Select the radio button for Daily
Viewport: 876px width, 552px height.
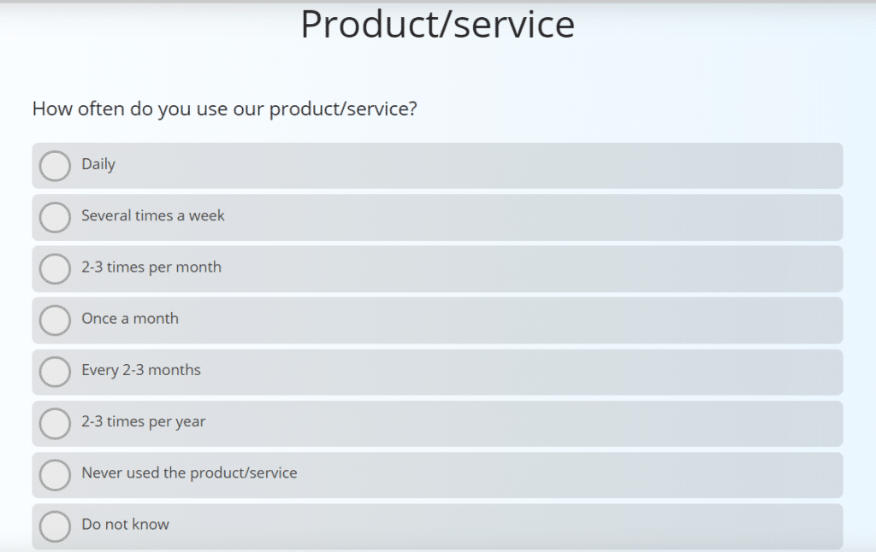pos(55,166)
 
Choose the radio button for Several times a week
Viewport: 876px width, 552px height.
pos(55,217)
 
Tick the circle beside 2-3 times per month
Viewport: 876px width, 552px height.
pos(55,268)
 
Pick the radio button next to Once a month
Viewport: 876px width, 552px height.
pos(55,320)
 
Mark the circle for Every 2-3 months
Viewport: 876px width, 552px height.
pos(55,372)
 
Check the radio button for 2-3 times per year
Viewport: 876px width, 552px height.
pos(55,423)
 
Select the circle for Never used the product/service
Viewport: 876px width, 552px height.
pos(55,474)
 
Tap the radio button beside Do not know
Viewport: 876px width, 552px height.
pos(55,526)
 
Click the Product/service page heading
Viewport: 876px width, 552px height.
pos(437,25)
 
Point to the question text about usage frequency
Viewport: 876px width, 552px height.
pos(224,109)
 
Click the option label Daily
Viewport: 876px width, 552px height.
pos(98,164)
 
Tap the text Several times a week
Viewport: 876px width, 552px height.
pos(153,215)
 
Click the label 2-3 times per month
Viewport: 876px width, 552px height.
pos(151,267)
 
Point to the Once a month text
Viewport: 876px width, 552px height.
pos(130,318)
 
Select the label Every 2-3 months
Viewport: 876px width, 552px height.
pos(141,370)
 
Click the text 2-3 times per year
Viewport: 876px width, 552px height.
pos(144,421)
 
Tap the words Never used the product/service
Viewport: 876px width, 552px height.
pos(189,473)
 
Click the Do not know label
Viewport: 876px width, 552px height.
pos(125,524)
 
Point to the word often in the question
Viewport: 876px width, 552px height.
pos(101,109)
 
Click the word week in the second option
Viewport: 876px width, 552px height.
pos(207,215)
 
